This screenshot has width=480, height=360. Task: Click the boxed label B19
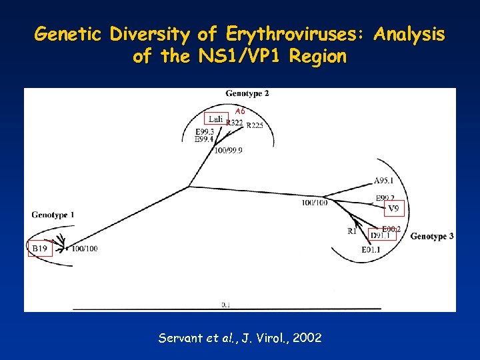pyautogui.click(x=40, y=249)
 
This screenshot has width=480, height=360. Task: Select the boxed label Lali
pyautogui.click(x=215, y=119)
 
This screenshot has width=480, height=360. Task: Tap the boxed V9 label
pyautogui.click(x=394, y=209)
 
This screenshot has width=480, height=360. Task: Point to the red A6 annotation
pyautogui.click(x=240, y=111)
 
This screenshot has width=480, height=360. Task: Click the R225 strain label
pyautogui.click(x=255, y=125)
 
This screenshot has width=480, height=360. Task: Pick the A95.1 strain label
pyautogui.click(x=383, y=181)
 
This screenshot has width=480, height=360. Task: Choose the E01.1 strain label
pyautogui.click(x=371, y=250)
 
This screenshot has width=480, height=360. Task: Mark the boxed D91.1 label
pyautogui.click(x=379, y=235)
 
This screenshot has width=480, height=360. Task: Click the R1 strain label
pyautogui.click(x=351, y=231)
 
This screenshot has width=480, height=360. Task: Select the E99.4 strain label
pyautogui.click(x=204, y=139)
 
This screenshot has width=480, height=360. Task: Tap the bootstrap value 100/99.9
pyautogui.click(x=229, y=151)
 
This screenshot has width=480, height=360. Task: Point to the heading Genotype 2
pyautogui.click(x=247, y=93)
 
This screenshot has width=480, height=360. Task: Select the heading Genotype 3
pyautogui.click(x=432, y=237)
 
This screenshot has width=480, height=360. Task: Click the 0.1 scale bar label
pyautogui.click(x=226, y=305)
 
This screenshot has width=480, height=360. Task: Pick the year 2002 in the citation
pyautogui.click(x=306, y=338)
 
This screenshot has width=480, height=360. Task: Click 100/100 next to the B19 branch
pyautogui.click(x=85, y=249)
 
